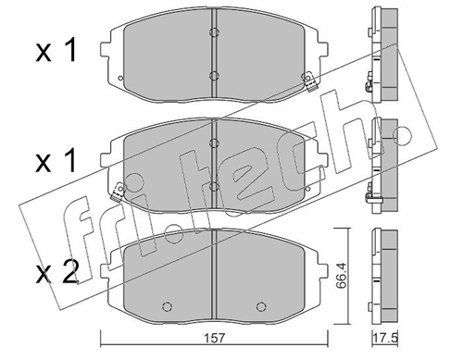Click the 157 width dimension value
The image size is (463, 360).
point(214,338)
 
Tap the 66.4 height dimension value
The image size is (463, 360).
point(341,276)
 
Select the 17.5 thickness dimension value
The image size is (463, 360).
point(385,338)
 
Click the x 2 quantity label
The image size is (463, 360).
point(56,272)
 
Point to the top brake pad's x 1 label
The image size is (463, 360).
point(56,52)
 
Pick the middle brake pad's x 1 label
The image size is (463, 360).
point(56,161)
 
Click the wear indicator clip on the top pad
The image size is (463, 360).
point(309,81)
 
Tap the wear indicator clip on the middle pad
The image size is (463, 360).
point(118,192)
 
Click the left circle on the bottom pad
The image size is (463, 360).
point(167,306)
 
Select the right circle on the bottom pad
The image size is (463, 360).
point(261,306)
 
